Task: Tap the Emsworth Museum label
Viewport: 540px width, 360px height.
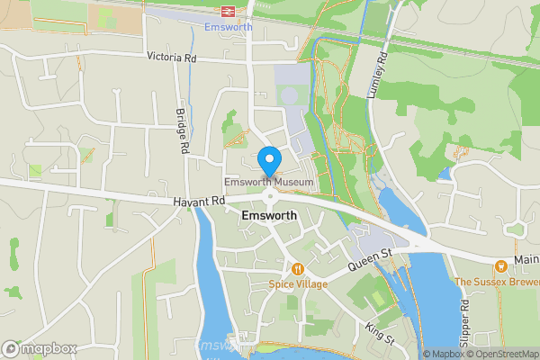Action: [x=269, y=183]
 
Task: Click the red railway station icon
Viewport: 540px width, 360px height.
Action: [x=228, y=11]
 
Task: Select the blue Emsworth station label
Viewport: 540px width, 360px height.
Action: [x=228, y=27]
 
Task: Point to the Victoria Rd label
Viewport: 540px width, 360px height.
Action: [x=171, y=58]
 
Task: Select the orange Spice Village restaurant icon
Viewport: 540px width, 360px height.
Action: [x=297, y=268]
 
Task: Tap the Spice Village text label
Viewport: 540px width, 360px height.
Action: [x=297, y=283]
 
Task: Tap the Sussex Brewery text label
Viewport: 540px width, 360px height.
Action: [x=497, y=282]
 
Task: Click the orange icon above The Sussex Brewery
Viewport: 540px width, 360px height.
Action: [x=500, y=265]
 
